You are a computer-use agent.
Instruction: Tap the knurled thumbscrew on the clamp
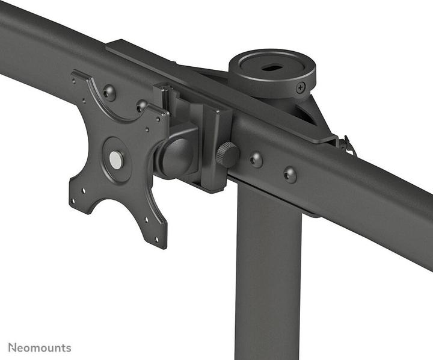pos(227,154)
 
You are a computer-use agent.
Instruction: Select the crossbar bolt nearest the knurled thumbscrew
pos(256,160)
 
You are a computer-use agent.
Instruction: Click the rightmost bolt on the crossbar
pos(290,175)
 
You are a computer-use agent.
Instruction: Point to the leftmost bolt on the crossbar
pos(109,93)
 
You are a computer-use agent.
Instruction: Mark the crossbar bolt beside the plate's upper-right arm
pos(141,106)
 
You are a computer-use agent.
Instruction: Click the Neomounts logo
pos(40,347)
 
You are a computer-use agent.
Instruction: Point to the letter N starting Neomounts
pos(13,347)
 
